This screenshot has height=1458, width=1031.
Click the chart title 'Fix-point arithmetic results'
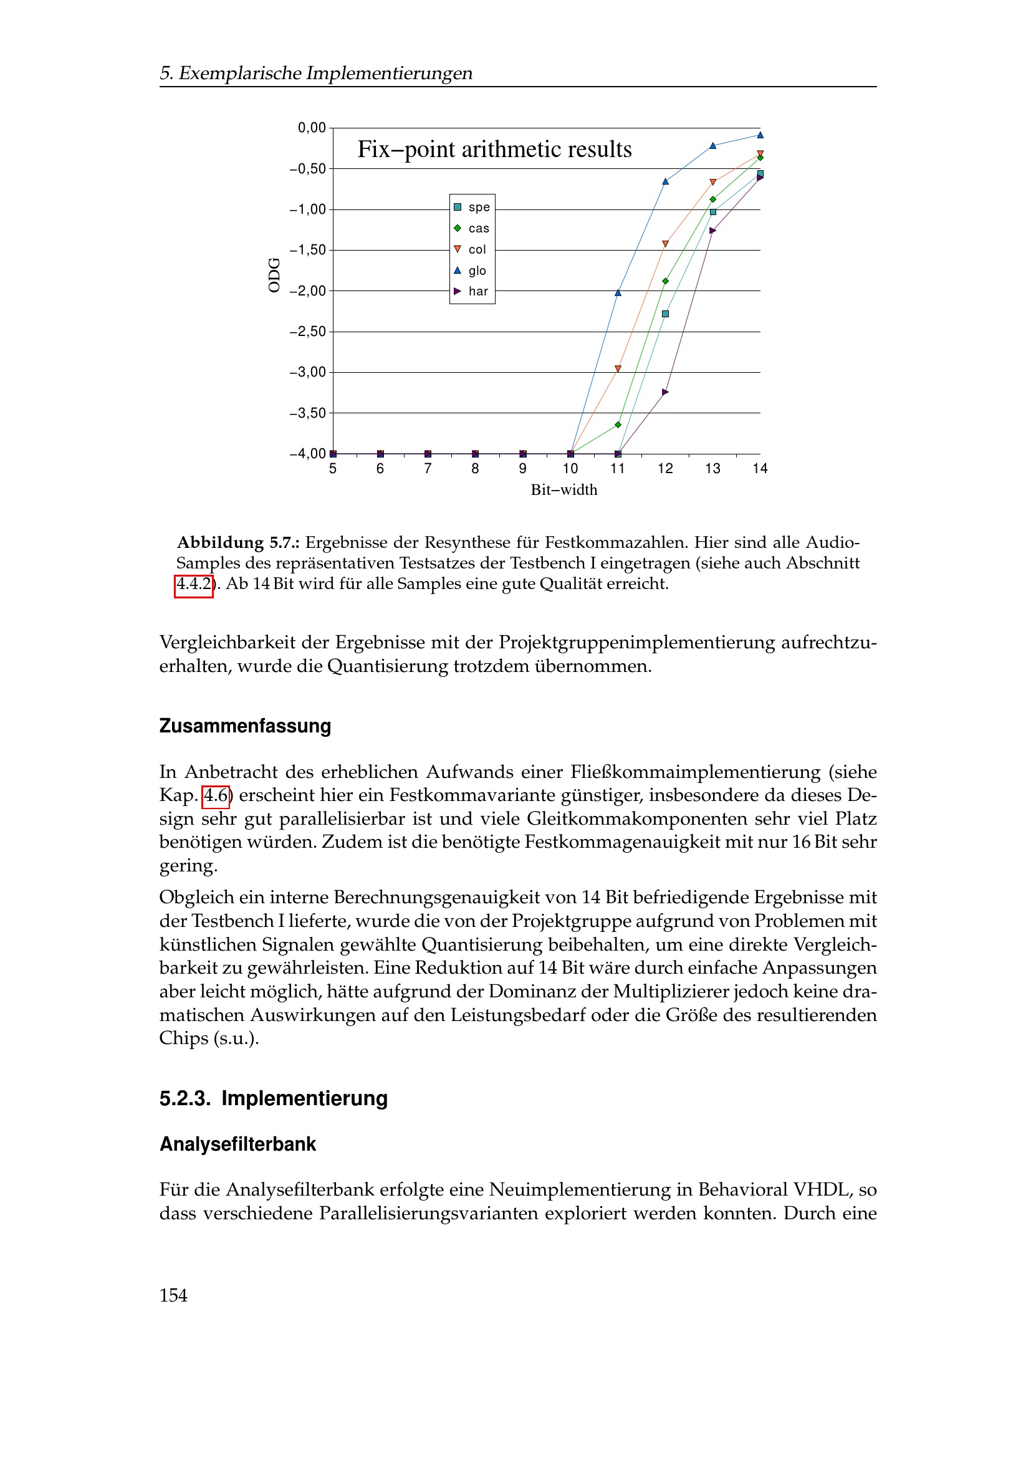(x=494, y=149)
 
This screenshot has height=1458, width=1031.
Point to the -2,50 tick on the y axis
(x=307, y=332)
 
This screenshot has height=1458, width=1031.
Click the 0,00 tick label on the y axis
(x=311, y=128)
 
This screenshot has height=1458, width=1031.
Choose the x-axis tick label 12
(x=664, y=469)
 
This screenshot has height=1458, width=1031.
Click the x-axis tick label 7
(x=427, y=469)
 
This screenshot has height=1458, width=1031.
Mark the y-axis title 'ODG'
(x=274, y=275)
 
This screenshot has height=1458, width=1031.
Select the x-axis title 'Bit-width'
(x=563, y=489)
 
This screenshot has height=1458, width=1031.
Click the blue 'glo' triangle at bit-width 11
(x=618, y=293)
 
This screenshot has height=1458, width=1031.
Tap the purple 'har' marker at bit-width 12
(x=665, y=392)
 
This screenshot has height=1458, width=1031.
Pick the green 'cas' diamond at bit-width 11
(x=618, y=424)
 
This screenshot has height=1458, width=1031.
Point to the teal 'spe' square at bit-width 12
(x=665, y=314)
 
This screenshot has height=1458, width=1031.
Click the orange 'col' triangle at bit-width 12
(x=665, y=244)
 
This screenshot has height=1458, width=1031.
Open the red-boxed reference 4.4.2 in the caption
(x=194, y=584)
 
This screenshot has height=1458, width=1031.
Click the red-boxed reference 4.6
(x=216, y=795)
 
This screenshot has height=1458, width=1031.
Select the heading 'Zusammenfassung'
(x=245, y=726)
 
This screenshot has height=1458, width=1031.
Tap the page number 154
(x=173, y=1295)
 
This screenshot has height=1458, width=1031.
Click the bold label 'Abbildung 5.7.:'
(x=238, y=542)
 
